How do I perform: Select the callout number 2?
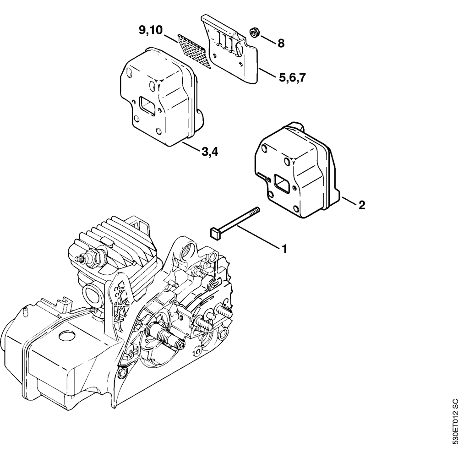click(x=361, y=205)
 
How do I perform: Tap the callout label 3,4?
click(x=209, y=152)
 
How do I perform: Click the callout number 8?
click(x=281, y=44)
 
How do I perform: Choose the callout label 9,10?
click(x=151, y=31)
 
